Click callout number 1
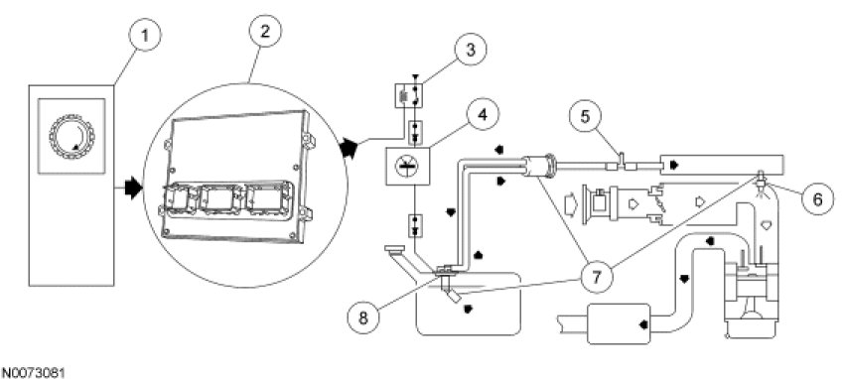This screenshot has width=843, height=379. (x=145, y=37)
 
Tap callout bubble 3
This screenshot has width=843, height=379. (x=470, y=50)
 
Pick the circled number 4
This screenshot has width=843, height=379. (x=482, y=115)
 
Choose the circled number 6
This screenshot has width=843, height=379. (x=817, y=199)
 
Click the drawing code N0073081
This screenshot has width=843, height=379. (x=33, y=372)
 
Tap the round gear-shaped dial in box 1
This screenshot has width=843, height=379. (x=71, y=136)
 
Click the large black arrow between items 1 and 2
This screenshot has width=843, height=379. (x=132, y=188)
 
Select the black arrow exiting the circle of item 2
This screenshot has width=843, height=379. (x=349, y=148)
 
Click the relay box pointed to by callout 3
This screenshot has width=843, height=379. (x=411, y=95)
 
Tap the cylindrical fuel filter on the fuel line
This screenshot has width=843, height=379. (x=539, y=166)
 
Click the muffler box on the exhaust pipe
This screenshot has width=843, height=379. (x=619, y=323)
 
